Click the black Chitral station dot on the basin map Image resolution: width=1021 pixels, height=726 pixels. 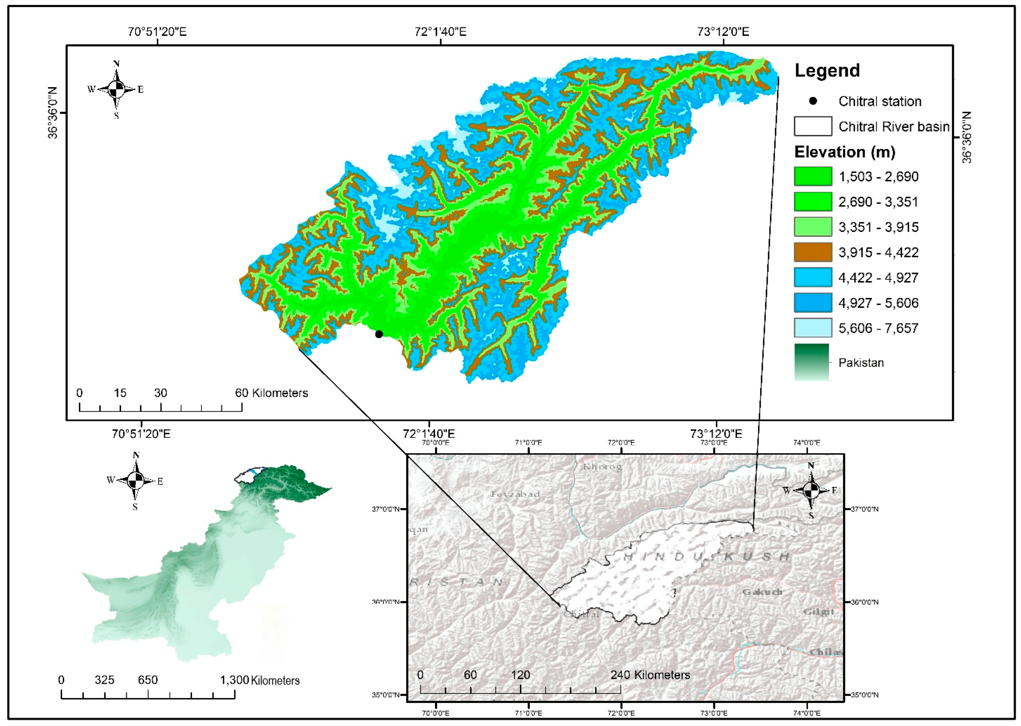coord(379,334)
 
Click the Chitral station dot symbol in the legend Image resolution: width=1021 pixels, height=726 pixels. coord(813,101)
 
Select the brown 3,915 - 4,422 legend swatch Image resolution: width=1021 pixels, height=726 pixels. coord(813,252)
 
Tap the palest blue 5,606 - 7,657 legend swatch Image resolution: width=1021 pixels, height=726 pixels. coord(813,328)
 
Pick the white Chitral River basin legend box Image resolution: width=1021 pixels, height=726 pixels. coord(813,126)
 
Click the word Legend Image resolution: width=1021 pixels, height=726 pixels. coord(827,71)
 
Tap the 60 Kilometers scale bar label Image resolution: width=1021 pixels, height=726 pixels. coord(272,393)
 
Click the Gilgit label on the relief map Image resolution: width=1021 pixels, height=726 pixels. coord(819,612)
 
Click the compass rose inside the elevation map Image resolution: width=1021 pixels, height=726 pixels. coord(116,90)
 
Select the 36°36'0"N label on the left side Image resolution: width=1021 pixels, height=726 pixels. coord(53,113)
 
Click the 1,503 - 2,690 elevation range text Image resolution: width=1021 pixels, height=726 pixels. coord(878,176)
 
